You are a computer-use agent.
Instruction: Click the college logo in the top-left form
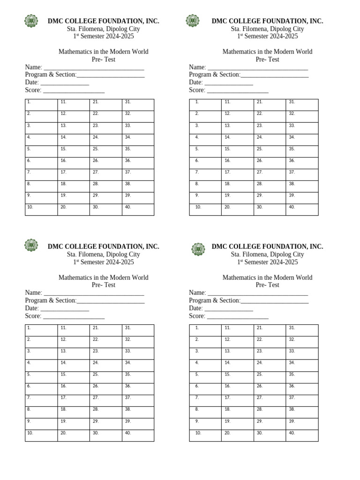point(31,21)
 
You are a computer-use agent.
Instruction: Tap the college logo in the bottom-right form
point(198,249)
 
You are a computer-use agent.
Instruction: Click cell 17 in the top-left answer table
point(74,175)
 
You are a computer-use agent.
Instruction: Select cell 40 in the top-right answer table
point(302,210)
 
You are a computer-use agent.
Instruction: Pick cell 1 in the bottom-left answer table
point(41,330)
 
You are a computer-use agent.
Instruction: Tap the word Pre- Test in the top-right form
point(267,60)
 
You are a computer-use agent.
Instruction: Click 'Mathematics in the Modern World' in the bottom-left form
point(103,277)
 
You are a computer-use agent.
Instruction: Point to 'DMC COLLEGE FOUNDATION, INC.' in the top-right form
point(267,21)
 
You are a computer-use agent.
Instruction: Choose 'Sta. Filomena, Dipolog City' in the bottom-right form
point(267,255)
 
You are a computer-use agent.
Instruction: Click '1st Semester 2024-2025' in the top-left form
point(103,37)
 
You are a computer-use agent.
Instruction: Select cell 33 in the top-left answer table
point(138,128)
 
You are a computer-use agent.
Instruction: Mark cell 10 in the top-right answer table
point(205,210)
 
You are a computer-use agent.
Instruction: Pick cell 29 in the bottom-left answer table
point(105,424)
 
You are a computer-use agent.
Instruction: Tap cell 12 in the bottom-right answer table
point(237,342)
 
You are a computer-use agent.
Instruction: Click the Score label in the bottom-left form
point(33,316)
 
